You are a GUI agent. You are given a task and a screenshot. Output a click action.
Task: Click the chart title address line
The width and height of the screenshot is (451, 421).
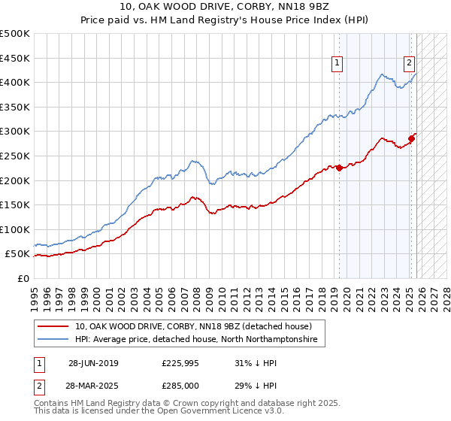pos(225,7)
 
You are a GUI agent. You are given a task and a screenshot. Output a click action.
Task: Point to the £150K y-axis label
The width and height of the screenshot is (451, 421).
pos(15,204)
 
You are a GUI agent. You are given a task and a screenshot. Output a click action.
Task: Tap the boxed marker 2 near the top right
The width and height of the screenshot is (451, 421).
pos(410,64)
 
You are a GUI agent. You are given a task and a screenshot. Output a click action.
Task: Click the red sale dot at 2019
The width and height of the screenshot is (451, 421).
pos(339,168)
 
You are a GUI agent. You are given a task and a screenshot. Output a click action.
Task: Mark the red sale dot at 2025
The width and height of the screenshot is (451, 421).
pos(412,139)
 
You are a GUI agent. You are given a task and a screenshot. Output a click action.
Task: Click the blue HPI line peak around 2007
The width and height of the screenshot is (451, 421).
pos(193,160)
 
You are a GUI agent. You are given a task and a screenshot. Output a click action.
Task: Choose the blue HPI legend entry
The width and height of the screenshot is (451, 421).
pos(195,340)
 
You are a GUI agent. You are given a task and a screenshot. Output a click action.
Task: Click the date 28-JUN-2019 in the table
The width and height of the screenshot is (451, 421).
pos(93,363)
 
